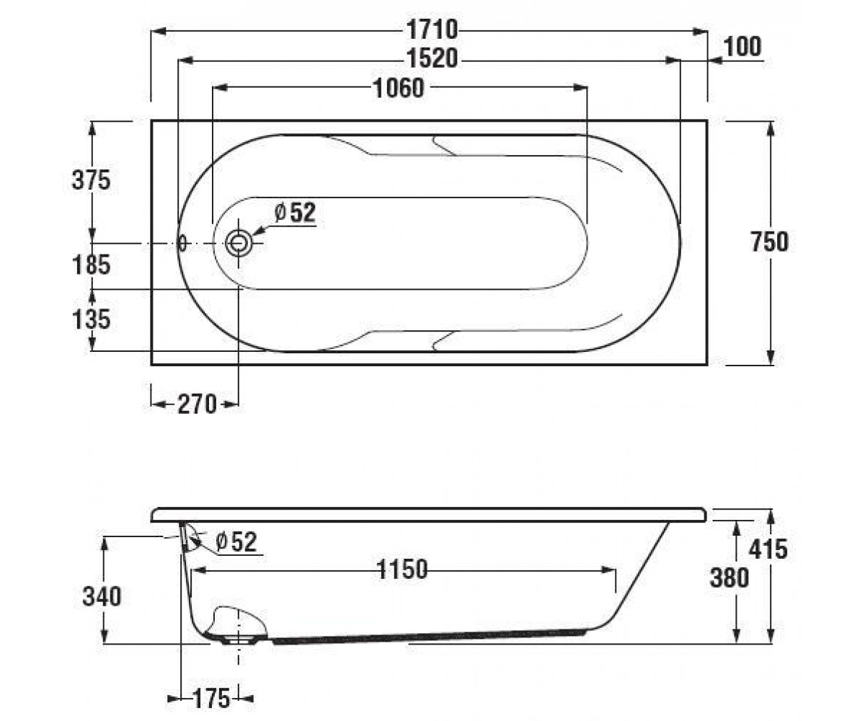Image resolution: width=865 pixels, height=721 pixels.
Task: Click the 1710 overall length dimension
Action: click(432, 30)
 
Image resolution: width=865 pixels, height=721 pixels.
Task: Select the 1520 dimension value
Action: click(432, 58)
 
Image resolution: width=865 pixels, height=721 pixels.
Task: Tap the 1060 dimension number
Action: click(399, 88)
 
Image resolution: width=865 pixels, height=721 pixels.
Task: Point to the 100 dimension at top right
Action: click(742, 46)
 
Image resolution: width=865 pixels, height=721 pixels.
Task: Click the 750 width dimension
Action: click(770, 242)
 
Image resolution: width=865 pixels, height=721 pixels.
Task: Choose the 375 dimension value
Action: click(91, 180)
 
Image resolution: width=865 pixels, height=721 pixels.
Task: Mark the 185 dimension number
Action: click(91, 265)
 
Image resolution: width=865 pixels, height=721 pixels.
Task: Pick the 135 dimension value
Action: click(91, 319)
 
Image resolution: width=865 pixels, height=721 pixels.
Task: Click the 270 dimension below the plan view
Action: click(198, 404)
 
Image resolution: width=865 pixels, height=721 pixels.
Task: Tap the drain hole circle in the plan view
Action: click(239, 243)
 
